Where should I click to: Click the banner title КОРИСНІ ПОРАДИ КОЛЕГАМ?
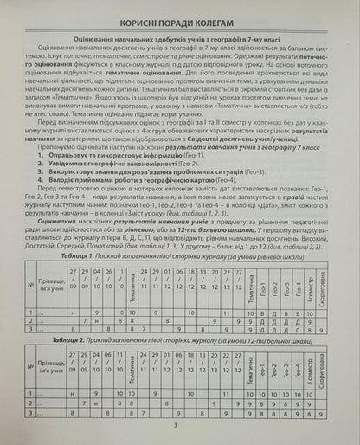click(180, 20)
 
